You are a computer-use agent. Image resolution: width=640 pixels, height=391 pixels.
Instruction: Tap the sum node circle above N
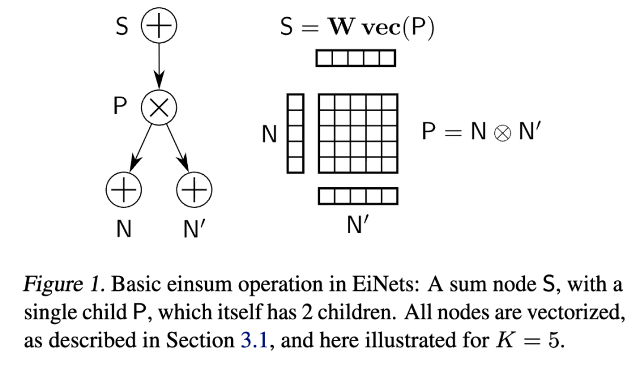(123, 190)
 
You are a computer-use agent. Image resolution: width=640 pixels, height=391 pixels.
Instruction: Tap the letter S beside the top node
(121, 27)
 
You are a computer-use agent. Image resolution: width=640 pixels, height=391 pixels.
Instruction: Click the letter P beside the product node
(120, 107)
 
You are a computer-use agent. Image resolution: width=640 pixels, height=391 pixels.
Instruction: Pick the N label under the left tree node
(123, 229)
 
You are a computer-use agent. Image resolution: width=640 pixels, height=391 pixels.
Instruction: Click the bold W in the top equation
(341, 28)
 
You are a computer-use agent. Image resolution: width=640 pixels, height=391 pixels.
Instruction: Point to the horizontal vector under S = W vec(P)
(356, 58)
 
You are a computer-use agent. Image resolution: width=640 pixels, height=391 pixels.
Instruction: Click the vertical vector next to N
(295, 133)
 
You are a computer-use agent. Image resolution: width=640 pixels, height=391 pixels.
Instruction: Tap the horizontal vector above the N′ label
(358, 195)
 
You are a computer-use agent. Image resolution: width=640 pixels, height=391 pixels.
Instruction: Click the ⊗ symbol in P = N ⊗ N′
(502, 132)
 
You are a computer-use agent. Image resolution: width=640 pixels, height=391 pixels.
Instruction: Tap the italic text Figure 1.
(62, 285)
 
